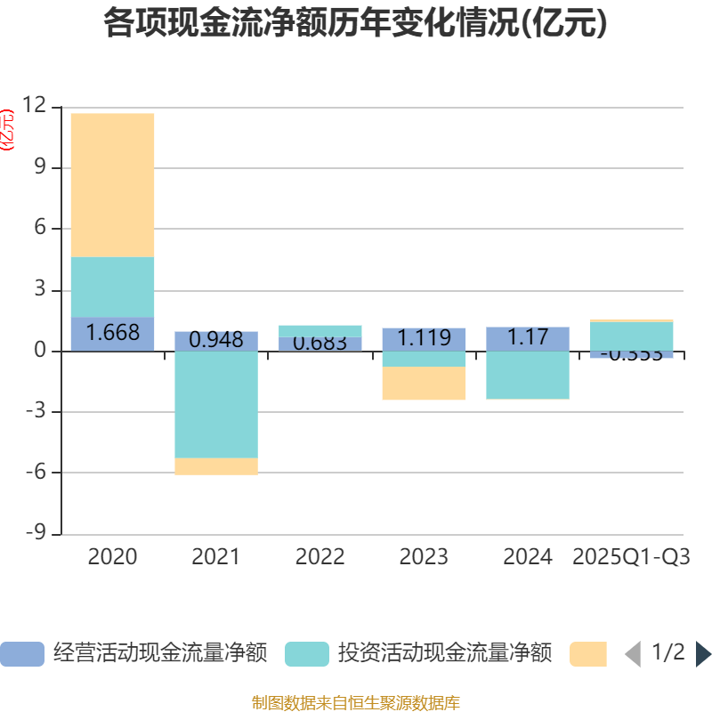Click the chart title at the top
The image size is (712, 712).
355,23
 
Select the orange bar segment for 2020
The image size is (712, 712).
112,185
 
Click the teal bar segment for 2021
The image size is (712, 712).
215,405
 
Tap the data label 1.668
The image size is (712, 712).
112,333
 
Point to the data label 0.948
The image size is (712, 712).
215,339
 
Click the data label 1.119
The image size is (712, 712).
424,338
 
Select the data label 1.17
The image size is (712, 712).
528,337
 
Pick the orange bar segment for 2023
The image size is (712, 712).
424,384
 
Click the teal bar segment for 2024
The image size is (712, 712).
528,375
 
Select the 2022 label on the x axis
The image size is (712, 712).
320,557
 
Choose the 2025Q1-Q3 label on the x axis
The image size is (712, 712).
632,557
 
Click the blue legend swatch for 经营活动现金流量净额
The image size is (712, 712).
21,654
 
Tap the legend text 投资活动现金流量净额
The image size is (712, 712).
444,653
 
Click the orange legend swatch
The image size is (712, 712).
588,654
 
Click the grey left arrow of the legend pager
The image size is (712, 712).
633,654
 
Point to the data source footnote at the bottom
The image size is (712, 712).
355,703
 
